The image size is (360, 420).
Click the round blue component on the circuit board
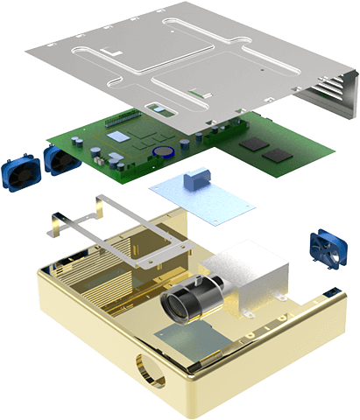(162, 150)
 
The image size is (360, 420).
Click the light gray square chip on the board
(119, 137)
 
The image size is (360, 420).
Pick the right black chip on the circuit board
(278, 155)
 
